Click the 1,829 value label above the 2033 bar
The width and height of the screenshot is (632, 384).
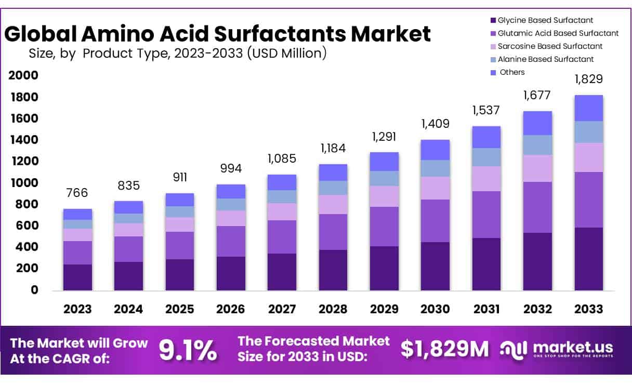click(588, 80)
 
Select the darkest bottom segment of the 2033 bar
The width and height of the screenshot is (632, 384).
click(588, 259)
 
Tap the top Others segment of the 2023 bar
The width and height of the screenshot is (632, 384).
click(77, 214)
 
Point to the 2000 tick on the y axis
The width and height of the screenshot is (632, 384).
click(23, 76)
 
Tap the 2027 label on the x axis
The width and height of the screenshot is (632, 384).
click(282, 309)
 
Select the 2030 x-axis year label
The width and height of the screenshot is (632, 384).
click(436, 309)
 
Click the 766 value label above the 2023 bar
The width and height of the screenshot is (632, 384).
click(77, 193)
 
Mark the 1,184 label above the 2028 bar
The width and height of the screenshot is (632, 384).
click(333, 148)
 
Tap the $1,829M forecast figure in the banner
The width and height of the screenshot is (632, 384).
click(444, 350)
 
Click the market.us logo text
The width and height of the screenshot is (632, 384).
click(572, 347)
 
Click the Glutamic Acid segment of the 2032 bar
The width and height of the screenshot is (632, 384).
click(537, 207)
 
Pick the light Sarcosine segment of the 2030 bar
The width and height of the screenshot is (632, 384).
click(436, 188)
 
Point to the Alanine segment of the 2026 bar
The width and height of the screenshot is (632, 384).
click(231, 205)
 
